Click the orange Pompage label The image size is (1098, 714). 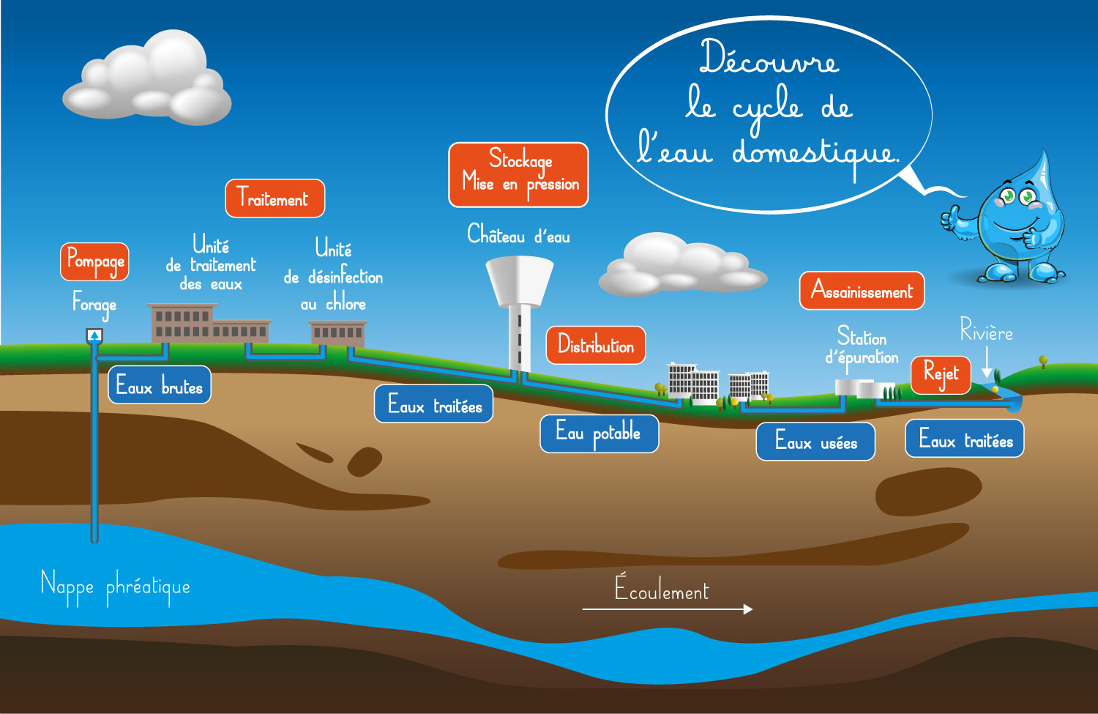tap(95, 261)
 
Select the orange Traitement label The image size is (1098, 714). tap(274, 198)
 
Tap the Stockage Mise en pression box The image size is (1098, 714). tap(518, 175)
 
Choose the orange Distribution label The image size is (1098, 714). tap(596, 345)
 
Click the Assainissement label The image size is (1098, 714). tap(862, 291)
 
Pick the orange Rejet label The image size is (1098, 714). tap(941, 375)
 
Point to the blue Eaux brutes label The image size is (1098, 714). tap(160, 385)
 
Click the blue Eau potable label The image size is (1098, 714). tap(599, 434)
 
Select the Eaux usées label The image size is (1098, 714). tap(815, 442)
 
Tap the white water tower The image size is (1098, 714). tap(520, 308)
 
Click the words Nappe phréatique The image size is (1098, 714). tap(116, 587)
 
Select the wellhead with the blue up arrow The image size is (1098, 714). tap(94, 336)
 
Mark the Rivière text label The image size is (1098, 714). tap(986, 332)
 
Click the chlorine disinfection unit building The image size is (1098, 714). tap(337, 333)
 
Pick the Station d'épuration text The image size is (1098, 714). tap(862, 347)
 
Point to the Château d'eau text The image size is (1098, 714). tap(518, 235)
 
